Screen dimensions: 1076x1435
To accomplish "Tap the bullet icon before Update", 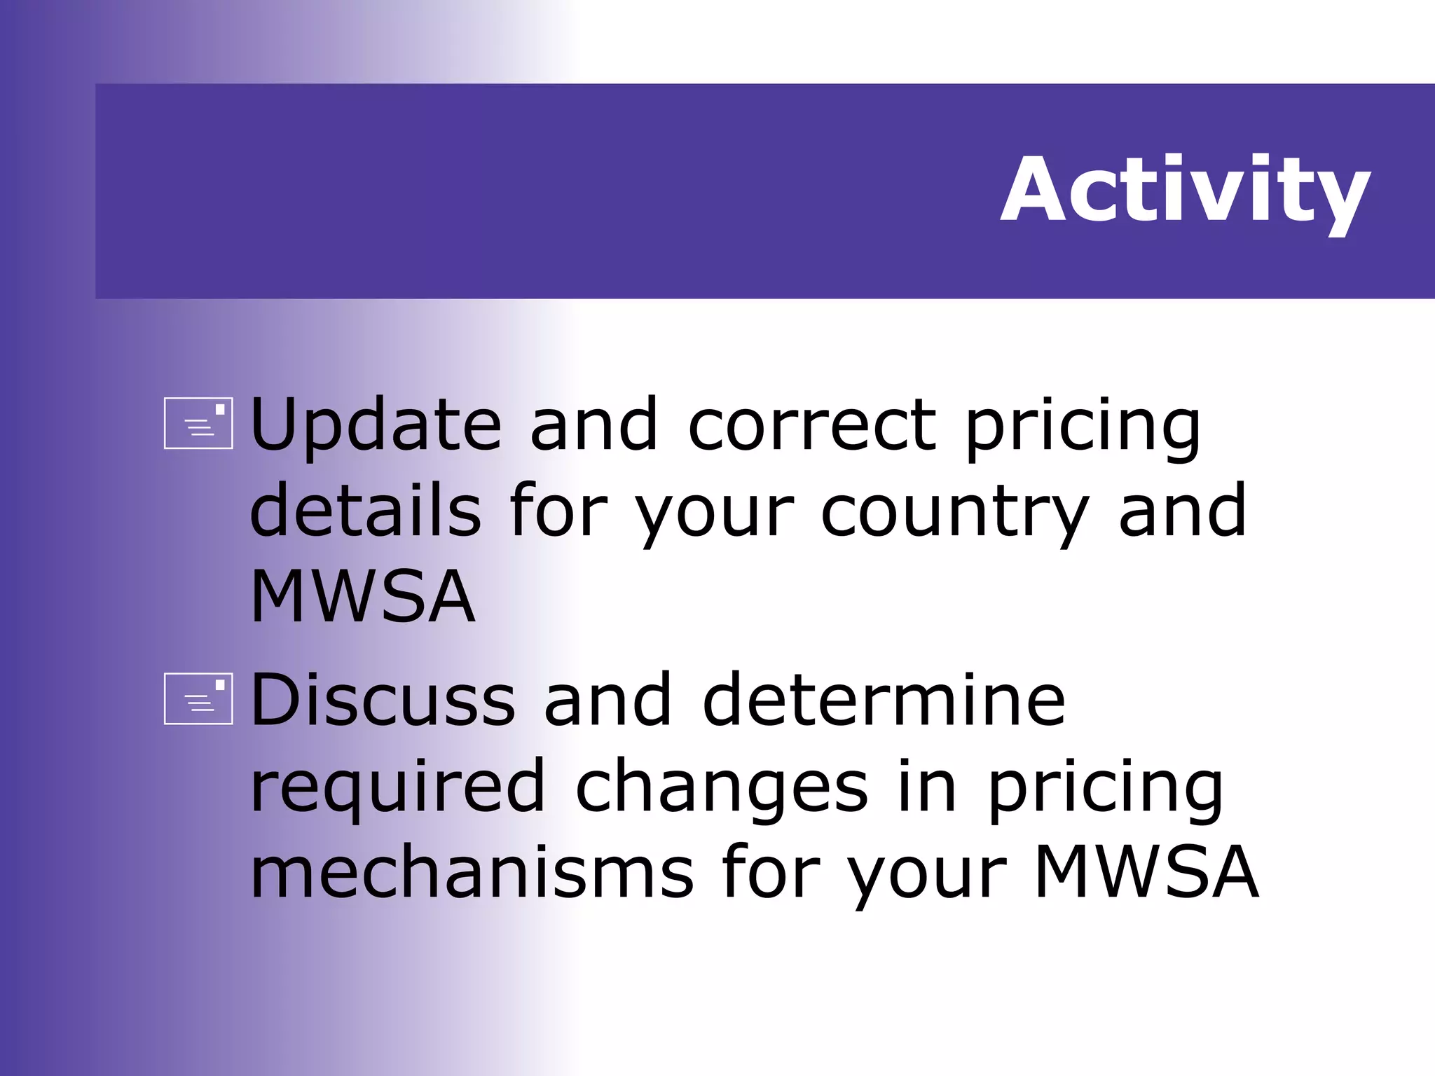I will (198, 423).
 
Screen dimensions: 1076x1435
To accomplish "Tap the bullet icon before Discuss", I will (198, 698).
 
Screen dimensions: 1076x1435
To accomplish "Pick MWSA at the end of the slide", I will (1146, 871).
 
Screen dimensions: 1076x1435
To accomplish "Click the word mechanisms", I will (472, 871).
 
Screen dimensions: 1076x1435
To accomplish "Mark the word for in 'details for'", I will (558, 511).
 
